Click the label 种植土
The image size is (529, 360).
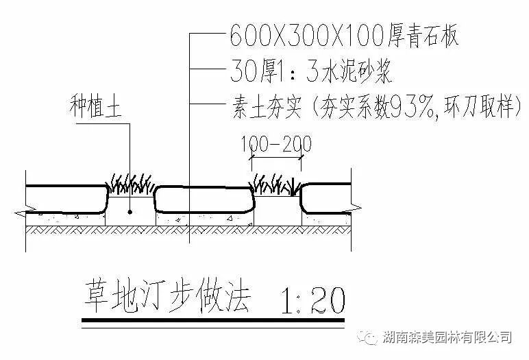[x=95, y=108]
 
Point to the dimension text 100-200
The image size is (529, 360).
[x=276, y=145]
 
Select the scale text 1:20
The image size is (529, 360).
[x=311, y=299]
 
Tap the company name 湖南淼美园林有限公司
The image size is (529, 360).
[x=448, y=337]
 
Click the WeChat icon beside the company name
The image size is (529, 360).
[x=370, y=337]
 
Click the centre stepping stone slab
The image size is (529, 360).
[x=204, y=199]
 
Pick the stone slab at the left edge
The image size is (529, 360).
[x=65, y=198]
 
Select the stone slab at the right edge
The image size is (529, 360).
[x=328, y=198]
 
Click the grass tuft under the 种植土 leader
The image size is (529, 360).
[x=131, y=184]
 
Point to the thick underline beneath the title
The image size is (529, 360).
[x=212, y=320]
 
